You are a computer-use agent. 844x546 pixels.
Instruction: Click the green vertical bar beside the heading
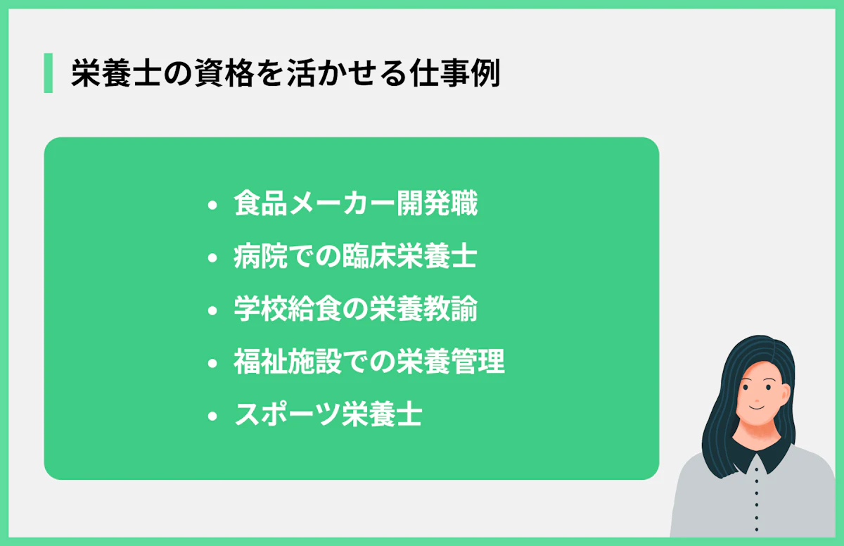48,72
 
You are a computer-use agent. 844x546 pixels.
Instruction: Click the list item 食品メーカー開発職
355,205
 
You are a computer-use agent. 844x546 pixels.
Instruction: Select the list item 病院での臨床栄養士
355,258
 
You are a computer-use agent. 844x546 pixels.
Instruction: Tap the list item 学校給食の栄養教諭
355,310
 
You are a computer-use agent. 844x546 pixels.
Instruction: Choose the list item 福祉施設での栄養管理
369,363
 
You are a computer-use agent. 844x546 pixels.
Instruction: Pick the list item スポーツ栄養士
328,416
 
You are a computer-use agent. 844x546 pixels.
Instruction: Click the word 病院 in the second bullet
260,258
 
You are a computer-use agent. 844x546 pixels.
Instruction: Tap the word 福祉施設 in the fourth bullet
286,363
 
